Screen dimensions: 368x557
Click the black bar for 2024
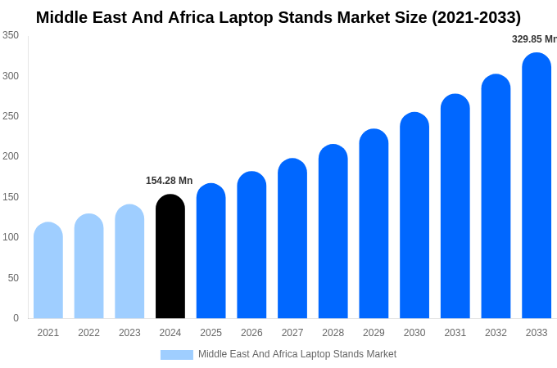tap(170, 257)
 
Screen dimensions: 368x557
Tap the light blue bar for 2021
tap(48, 271)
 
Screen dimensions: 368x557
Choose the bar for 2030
tap(414, 216)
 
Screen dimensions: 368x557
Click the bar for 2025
tap(211, 251)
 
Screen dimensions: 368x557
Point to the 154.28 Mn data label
tap(170, 181)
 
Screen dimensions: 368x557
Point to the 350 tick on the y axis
tap(11, 35)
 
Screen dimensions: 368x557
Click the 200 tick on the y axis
tap(11, 156)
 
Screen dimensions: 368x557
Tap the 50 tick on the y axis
tap(13, 278)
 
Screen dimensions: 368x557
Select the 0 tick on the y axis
tap(16, 318)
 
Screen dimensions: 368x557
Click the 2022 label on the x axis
tap(89, 333)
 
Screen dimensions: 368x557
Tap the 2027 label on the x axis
tap(292, 333)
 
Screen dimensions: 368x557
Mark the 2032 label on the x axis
tap(496, 333)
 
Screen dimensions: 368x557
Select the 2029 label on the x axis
tap(374, 333)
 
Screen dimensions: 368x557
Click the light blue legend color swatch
tap(177, 355)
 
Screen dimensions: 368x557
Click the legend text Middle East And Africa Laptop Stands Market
tap(297, 354)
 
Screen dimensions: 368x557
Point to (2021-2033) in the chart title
tap(476, 17)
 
